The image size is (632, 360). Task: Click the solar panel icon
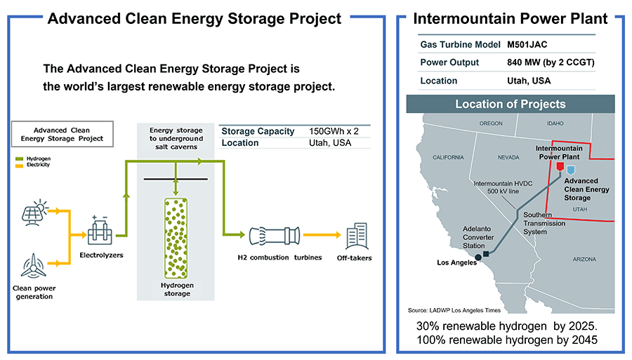click(x=34, y=212)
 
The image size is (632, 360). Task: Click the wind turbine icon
click(x=34, y=266)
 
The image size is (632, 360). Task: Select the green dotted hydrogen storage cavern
click(x=176, y=238)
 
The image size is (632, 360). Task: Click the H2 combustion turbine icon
click(x=274, y=236)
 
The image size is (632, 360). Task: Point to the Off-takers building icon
click(x=357, y=236)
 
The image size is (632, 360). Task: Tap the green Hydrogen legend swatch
click(x=20, y=159)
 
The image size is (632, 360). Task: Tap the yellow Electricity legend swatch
click(x=20, y=165)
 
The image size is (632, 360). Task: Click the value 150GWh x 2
click(x=334, y=131)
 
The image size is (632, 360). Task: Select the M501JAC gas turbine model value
click(x=527, y=45)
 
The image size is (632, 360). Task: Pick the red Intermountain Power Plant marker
click(x=560, y=166)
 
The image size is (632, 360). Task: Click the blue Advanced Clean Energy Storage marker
click(x=571, y=170)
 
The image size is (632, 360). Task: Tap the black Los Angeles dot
click(x=478, y=258)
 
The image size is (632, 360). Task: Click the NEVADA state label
click(x=508, y=157)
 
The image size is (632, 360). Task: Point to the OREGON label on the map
click(x=491, y=124)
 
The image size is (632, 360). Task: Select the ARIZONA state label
click(x=584, y=260)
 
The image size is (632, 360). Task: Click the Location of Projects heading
click(x=511, y=105)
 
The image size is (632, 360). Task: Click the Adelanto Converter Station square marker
click(x=486, y=254)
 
